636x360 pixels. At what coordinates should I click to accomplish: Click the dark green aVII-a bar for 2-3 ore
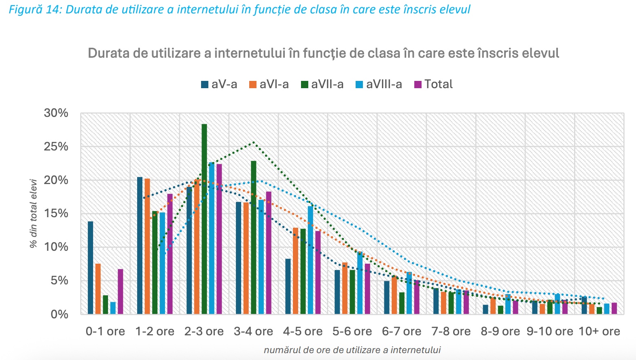tap(204, 219)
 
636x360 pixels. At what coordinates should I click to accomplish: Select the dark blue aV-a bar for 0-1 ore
tap(91, 267)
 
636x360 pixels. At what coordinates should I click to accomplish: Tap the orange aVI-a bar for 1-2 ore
tap(147, 246)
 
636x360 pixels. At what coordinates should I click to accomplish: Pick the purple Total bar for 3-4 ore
tap(269, 252)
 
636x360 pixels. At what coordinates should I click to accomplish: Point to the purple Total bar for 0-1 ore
tap(121, 291)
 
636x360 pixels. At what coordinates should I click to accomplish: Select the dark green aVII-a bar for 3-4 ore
tap(254, 237)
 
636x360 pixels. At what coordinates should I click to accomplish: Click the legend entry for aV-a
tap(219, 84)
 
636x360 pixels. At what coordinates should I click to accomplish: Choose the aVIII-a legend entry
tap(379, 84)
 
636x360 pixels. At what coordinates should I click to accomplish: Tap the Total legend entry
tap(433, 84)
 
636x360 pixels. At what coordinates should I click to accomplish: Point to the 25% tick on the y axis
tap(56, 146)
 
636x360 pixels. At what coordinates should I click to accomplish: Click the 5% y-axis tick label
tap(59, 280)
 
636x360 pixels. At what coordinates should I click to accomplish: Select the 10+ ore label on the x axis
tap(599, 331)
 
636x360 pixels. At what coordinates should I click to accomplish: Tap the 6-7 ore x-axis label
tap(401, 331)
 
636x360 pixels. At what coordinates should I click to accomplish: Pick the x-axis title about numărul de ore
tap(352, 350)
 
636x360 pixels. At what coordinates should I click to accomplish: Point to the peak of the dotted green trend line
tap(254, 142)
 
